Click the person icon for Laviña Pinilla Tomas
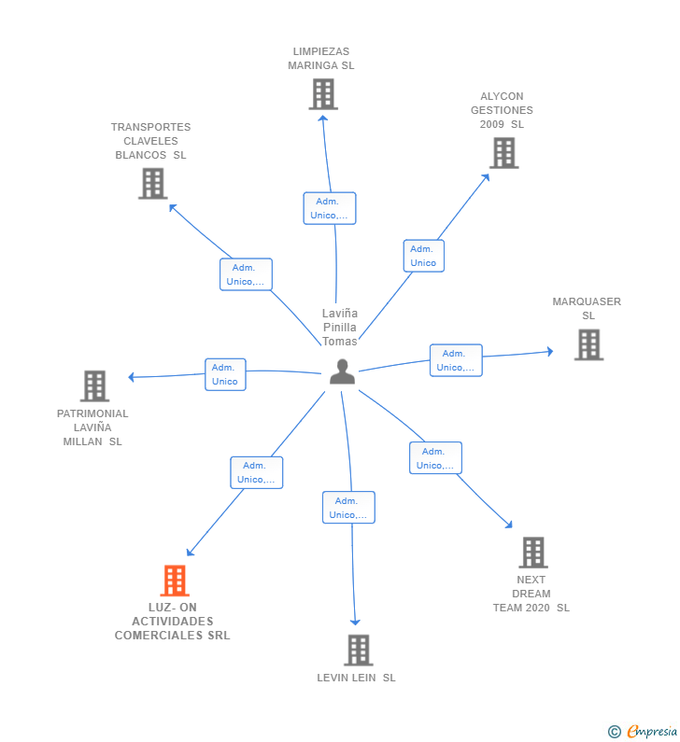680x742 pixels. (x=342, y=371)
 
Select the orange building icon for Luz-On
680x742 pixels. (x=175, y=581)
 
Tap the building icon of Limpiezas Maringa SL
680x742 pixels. (x=322, y=94)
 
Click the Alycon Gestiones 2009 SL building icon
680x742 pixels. (x=503, y=153)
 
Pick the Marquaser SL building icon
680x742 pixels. (x=588, y=344)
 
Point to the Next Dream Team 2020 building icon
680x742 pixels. (x=532, y=553)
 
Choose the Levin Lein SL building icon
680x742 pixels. (x=358, y=650)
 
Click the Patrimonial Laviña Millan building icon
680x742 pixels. (x=94, y=385)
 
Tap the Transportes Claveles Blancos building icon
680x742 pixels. (x=152, y=183)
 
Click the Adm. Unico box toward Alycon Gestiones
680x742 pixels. (x=423, y=256)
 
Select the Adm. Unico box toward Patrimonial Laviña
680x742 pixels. (x=225, y=374)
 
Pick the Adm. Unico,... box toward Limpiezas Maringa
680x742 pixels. (x=329, y=208)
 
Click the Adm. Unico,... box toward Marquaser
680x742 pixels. (x=456, y=360)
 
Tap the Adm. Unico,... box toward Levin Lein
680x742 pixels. (x=348, y=508)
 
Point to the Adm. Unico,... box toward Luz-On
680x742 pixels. (x=256, y=472)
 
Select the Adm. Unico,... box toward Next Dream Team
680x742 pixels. (x=434, y=458)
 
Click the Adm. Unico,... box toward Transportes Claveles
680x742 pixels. (x=246, y=274)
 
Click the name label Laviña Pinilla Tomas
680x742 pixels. (x=340, y=327)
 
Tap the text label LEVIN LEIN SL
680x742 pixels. (x=356, y=678)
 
